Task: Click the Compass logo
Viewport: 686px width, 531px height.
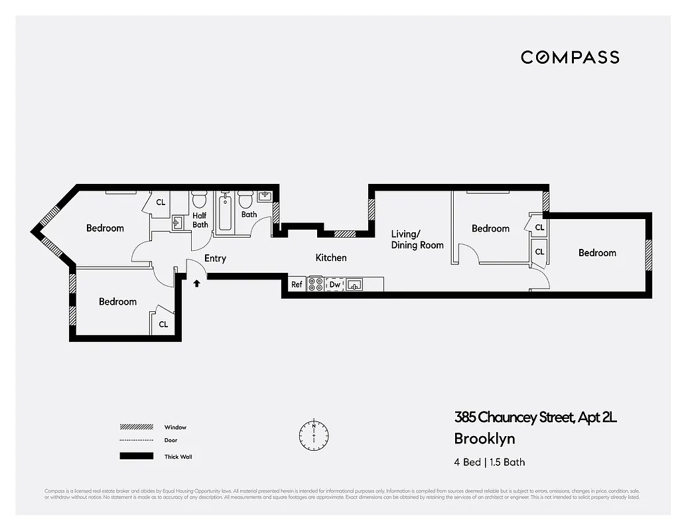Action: (570, 57)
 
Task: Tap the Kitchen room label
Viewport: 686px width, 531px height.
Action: (330, 258)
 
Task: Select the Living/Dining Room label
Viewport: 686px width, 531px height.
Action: (417, 240)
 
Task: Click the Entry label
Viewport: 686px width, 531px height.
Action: (215, 258)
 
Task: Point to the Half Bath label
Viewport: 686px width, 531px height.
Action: (200, 220)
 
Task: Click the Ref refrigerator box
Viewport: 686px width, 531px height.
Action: (297, 284)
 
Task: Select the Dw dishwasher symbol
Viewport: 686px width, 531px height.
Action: (335, 284)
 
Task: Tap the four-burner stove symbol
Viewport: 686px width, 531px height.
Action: (316, 284)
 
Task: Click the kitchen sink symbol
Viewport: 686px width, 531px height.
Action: (355, 285)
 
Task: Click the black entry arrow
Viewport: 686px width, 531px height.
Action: (196, 283)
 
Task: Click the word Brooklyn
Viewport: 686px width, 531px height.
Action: (484, 439)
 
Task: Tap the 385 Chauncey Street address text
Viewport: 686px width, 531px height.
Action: (535, 417)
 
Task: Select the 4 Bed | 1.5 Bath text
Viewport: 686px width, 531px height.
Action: (489, 462)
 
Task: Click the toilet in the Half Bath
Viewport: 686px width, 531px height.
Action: (199, 200)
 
